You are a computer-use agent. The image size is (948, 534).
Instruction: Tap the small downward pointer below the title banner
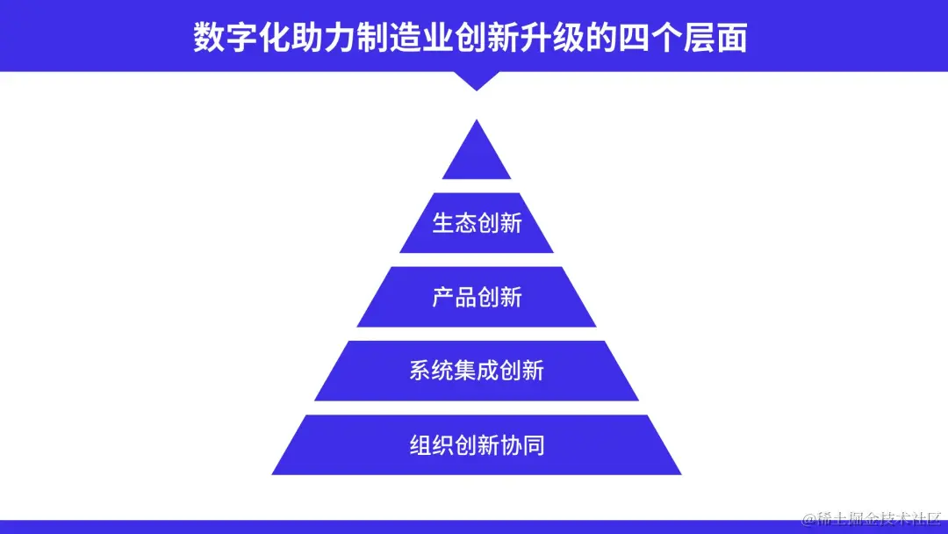[477, 81]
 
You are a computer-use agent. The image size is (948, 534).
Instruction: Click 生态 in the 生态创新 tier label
[455, 223]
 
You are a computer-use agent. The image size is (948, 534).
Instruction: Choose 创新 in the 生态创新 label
[499, 223]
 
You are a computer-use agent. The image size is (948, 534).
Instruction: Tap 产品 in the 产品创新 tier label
[455, 297]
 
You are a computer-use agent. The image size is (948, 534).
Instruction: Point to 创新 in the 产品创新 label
[499, 297]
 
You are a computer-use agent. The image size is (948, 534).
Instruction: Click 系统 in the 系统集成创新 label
[431, 371]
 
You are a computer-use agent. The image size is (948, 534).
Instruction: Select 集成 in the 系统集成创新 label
[477, 371]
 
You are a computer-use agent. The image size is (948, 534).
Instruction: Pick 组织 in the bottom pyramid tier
[431, 445]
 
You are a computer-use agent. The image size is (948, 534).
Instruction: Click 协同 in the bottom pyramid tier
[522, 445]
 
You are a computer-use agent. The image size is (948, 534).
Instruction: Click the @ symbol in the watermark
[809, 519]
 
